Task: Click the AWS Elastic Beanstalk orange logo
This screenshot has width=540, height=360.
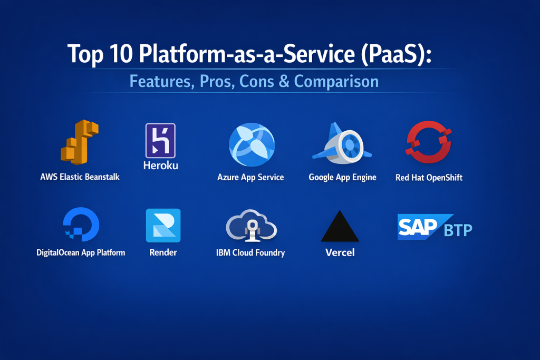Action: click(80, 142)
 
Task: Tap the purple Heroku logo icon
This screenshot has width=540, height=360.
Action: click(160, 140)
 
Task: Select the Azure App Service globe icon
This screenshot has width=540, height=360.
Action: click(252, 144)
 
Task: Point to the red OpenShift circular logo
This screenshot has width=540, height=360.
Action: click(428, 142)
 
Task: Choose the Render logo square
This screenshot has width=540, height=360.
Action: click(163, 226)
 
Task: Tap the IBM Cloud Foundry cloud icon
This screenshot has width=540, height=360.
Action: click(252, 226)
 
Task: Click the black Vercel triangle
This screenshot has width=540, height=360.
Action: click(340, 226)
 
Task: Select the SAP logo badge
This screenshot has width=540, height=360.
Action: click(423, 227)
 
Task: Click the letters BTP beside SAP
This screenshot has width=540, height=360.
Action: click(458, 230)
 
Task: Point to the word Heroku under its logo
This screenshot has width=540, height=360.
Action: click(161, 166)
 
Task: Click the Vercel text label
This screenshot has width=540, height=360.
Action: click(340, 252)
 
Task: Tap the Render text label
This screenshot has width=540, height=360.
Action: click(163, 252)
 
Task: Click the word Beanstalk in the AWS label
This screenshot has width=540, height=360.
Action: click(102, 177)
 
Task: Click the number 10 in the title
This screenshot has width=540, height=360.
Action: click(121, 54)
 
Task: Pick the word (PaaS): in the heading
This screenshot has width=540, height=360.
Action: click(397, 54)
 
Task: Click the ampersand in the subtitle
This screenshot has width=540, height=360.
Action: click(284, 82)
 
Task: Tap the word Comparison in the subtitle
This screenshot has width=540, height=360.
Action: click(336, 82)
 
